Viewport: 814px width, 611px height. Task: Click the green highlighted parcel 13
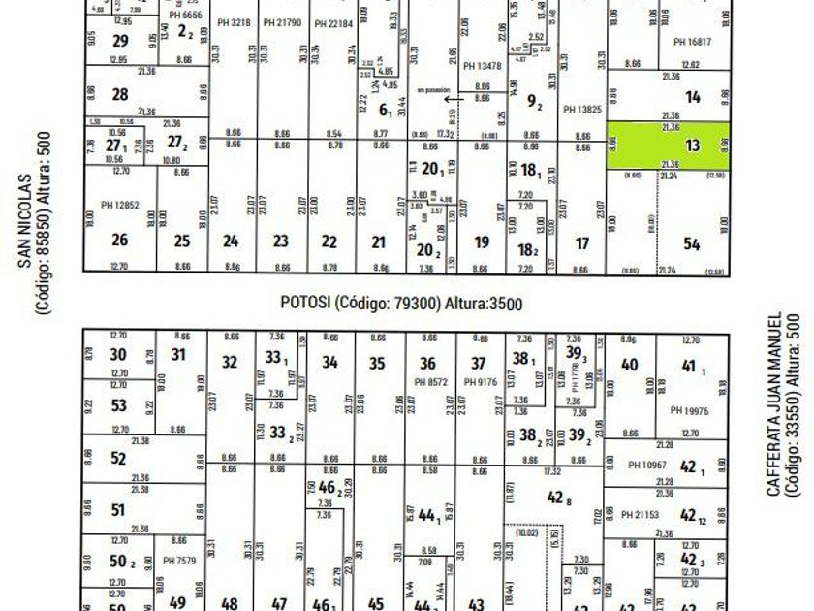(x=669, y=145)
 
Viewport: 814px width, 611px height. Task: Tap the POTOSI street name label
(x=401, y=304)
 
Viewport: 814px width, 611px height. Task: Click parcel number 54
(x=692, y=244)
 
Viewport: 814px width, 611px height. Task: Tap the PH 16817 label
(x=692, y=42)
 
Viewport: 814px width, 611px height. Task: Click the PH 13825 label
(x=581, y=110)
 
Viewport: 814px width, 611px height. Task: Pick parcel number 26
(x=120, y=241)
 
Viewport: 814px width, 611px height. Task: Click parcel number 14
(x=692, y=97)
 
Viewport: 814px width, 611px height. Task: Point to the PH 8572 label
(x=427, y=382)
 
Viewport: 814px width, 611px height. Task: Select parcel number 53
(x=118, y=405)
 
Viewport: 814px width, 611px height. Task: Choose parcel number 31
(x=178, y=354)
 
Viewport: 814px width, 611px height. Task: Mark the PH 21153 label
(x=641, y=514)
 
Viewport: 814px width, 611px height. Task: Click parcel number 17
(x=581, y=243)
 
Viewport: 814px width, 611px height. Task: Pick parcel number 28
(x=120, y=94)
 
